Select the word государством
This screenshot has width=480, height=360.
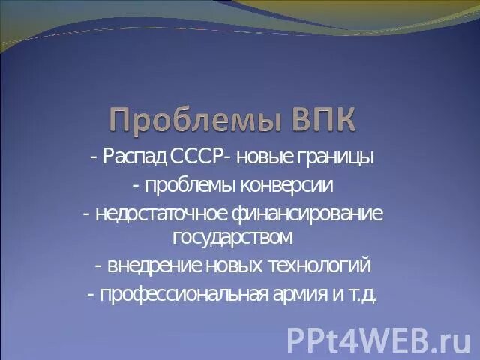tap(232, 238)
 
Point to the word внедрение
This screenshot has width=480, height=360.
tap(151, 265)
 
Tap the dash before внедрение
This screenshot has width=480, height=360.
tap(99, 266)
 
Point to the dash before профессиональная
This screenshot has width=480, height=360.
tap(90, 294)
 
